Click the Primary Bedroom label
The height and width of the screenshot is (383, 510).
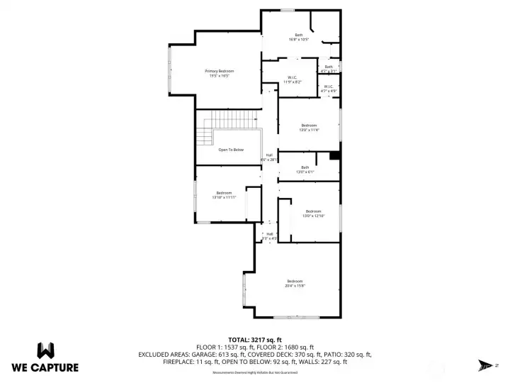pos(220,73)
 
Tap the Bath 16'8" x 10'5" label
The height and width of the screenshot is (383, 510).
pos(298,37)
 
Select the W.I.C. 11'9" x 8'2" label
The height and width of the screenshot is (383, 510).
pos(293,79)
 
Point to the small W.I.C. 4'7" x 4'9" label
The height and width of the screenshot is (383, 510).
pos(328,89)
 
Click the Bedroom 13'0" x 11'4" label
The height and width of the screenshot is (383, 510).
pos(309,128)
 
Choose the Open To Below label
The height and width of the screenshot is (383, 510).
pos(230,150)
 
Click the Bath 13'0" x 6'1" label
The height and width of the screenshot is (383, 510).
pos(305,170)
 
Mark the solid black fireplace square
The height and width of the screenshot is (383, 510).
pos(335,156)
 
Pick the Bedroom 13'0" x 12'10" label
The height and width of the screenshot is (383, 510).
pos(313,213)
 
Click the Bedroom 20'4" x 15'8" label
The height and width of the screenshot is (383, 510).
pos(295,283)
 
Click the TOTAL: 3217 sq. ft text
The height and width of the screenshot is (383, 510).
pos(255,340)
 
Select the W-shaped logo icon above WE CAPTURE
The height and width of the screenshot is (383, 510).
pos(45,350)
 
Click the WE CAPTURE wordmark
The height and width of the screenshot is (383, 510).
pos(45,367)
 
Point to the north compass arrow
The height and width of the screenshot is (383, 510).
pos(487,365)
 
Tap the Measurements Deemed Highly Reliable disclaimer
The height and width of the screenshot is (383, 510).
pos(255,372)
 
